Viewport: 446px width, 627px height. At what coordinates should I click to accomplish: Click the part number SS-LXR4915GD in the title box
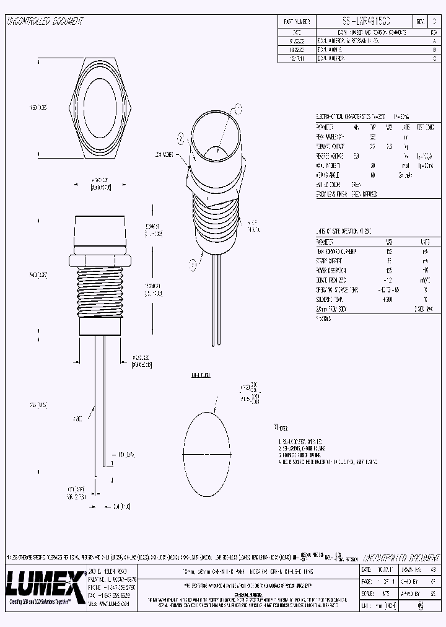click(x=363, y=21)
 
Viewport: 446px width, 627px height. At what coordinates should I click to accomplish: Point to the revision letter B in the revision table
click(x=434, y=48)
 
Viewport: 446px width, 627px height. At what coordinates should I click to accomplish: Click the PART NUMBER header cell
click(x=297, y=21)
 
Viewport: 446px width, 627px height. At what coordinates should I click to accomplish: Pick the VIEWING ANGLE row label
click(x=328, y=175)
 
